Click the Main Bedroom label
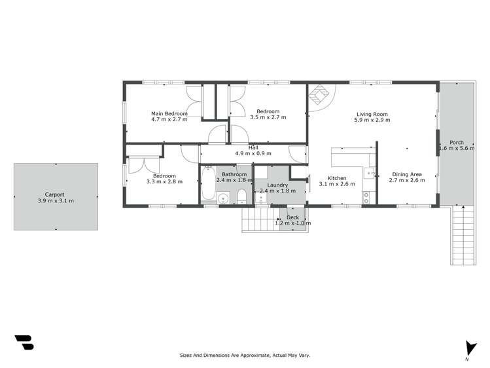(169, 113)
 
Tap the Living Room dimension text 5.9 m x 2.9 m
(372, 120)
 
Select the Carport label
(55, 194)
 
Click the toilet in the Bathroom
(241, 196)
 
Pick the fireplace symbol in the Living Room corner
(319, 95)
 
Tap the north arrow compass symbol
(467, 349)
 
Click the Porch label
(456, 142)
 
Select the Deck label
(292, 217)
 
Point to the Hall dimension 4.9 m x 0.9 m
(253, 153)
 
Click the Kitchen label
(336, 178)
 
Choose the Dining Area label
(406, 174)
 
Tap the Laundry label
(277, 185)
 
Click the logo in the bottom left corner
(24, 342)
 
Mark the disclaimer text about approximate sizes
(245, 355)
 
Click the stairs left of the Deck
(256, 221)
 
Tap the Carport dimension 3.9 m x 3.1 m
(56, 200)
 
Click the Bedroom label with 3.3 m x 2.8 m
(164, 175)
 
